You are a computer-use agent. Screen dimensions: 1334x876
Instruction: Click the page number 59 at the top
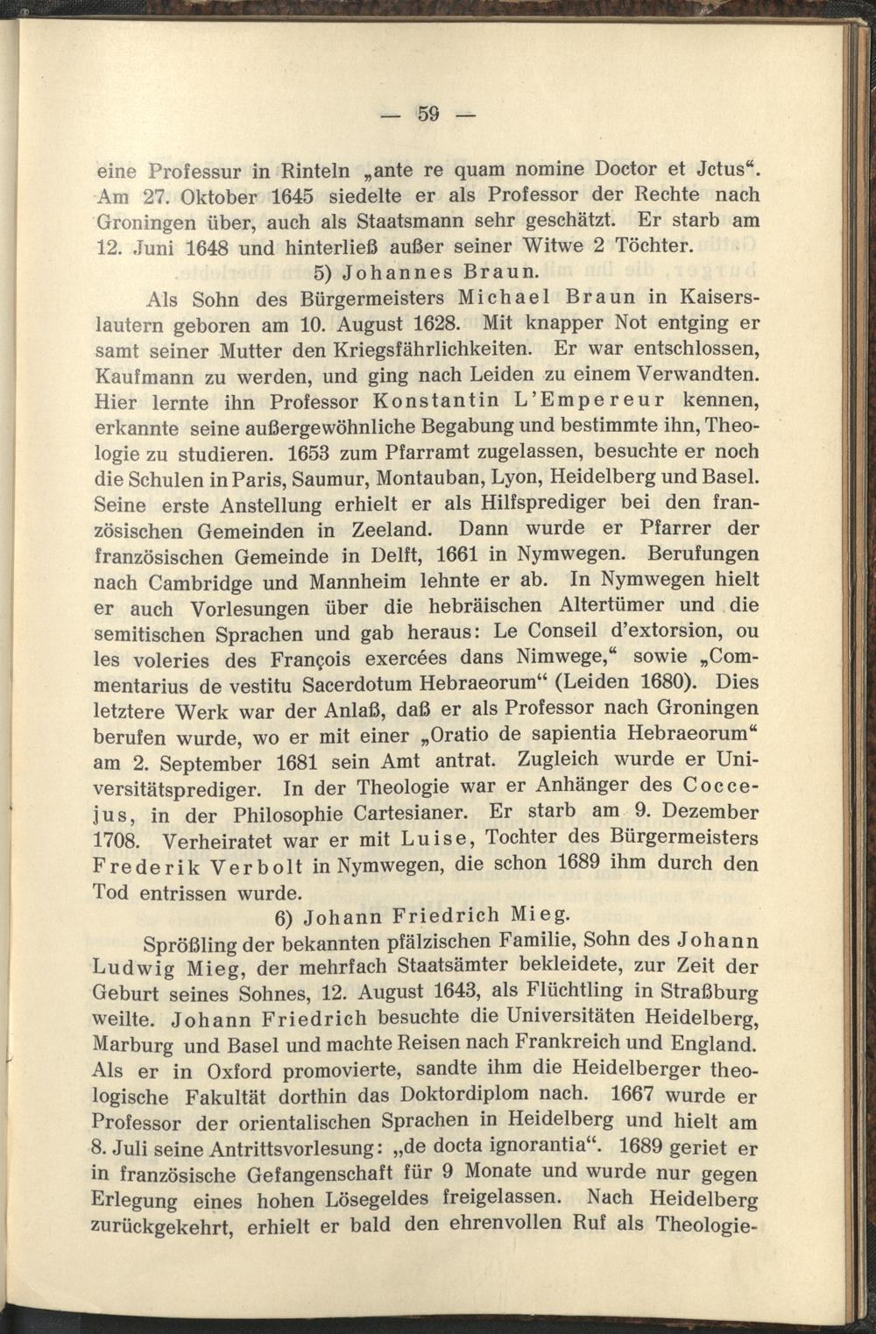pos(427,113)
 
